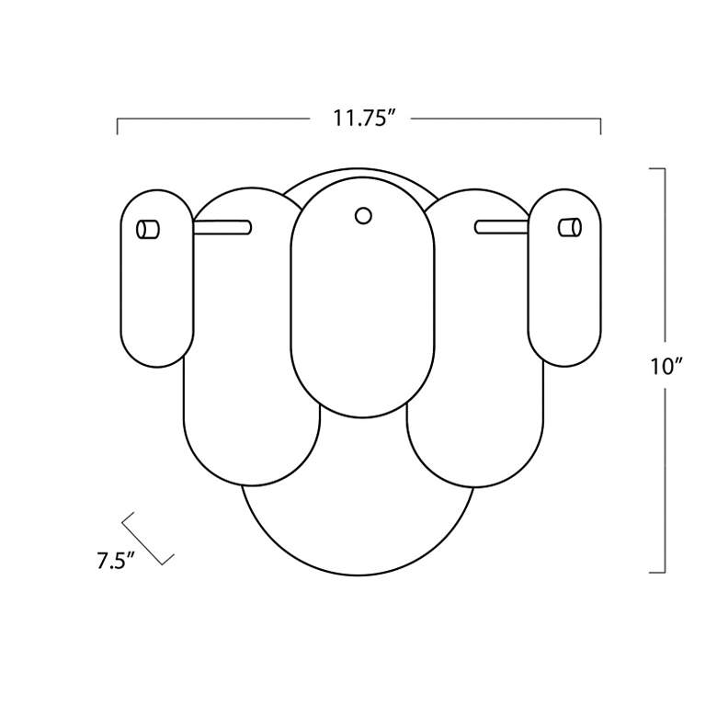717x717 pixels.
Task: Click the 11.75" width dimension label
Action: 363,118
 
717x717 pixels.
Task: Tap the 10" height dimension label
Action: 666,367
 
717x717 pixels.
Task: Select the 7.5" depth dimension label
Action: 116,561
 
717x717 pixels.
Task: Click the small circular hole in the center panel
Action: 363,216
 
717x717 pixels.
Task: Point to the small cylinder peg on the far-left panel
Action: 148,230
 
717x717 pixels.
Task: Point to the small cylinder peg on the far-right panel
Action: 570,228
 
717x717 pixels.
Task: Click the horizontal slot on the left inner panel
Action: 222,227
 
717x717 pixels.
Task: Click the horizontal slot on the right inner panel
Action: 502,227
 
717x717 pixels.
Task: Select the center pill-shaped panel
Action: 362,297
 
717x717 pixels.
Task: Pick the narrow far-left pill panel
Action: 157,279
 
